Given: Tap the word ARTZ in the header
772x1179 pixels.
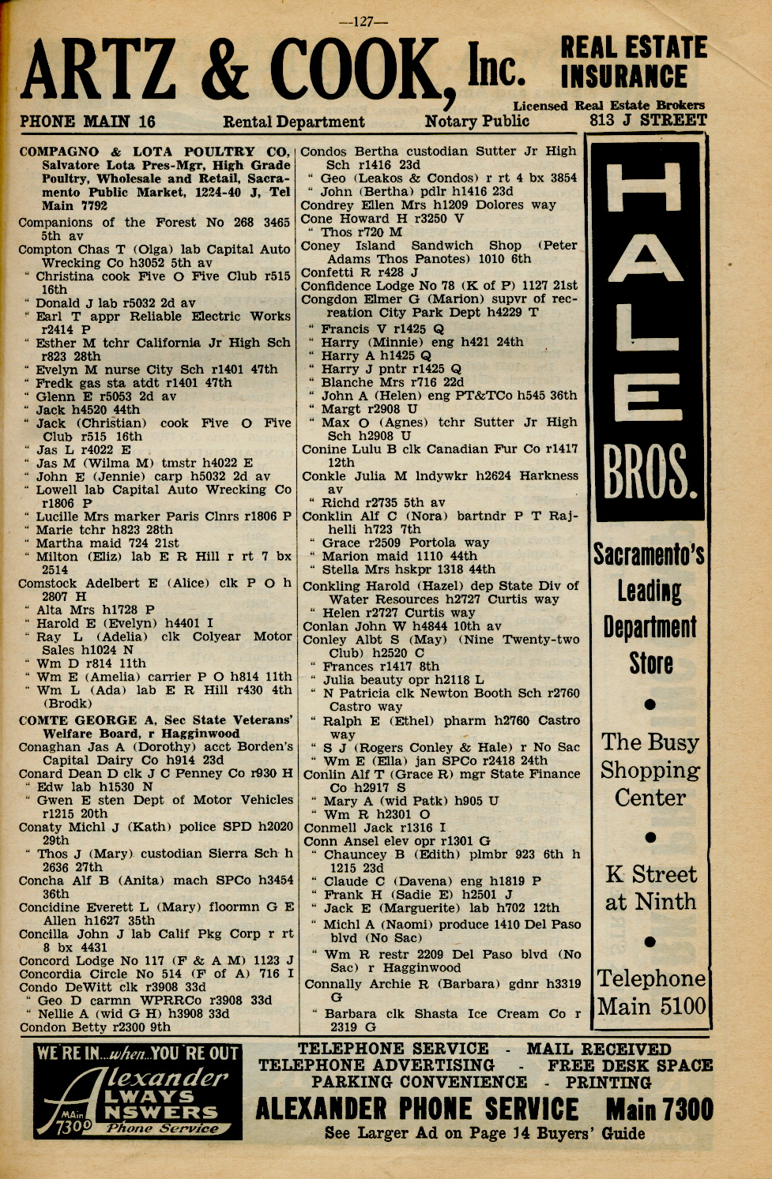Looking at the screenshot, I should pos(99,79).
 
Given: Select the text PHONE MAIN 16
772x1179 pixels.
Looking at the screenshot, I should pos(88,122).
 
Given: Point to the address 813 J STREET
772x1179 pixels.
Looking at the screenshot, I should pos(648,121).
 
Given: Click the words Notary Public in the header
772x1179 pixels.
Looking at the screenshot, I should pos(476,121).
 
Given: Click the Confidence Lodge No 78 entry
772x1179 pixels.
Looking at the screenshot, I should pos(439,286).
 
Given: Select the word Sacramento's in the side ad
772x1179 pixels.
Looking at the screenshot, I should pos(649,554).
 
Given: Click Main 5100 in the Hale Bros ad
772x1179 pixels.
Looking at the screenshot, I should pos(651,1007).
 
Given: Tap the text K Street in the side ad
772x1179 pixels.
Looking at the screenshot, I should pos(651,875).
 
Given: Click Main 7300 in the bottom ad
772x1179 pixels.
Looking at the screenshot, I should pos(659,1109).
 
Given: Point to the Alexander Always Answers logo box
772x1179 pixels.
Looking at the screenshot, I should pos(137,1091).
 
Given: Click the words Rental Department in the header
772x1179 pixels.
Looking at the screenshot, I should pos(294,122).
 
